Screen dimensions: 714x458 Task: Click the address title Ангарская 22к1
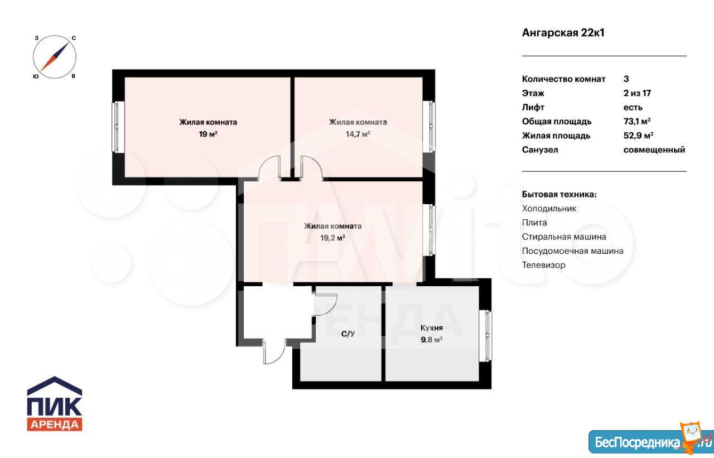[x=563, y=33]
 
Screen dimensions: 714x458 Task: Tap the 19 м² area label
[x=208, y=134]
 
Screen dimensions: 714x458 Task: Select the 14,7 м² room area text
[x=358, y=134]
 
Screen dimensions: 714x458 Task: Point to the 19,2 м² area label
[x=333, y=238]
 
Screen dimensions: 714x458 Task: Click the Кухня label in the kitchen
[x=432, y=327]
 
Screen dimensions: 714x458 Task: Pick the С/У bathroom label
[x=348, y=334]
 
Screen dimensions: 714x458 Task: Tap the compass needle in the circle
[x=55, y=57]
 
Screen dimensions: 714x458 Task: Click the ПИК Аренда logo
[x=55, y=403]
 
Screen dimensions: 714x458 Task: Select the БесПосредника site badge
[x=651, y=442]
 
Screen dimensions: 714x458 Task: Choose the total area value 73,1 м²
[x=637, y=122]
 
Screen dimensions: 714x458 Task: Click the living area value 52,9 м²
[x=638, y=136]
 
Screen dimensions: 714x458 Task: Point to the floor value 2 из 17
[x=637, y=93]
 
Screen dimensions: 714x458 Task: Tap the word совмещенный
[x=654, y=150]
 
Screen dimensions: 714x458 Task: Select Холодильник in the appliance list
[x=549, y=209]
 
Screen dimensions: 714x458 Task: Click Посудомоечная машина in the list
[x=572, y=251]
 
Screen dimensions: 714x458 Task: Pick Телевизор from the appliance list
[x=543, y=265]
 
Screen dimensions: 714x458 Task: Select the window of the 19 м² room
[x=118, y=127]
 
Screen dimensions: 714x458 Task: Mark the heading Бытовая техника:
[x=559, y=195]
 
